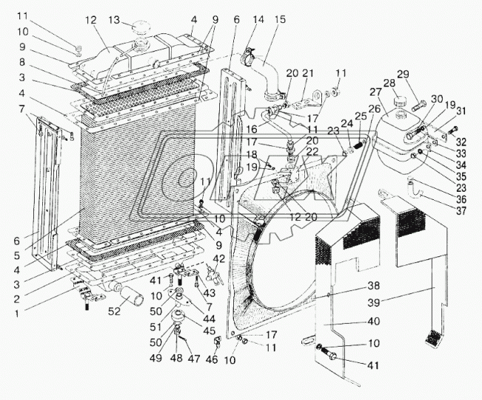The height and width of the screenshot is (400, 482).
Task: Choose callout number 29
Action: coord(403,75)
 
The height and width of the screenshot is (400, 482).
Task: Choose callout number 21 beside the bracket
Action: coord(309,73)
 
